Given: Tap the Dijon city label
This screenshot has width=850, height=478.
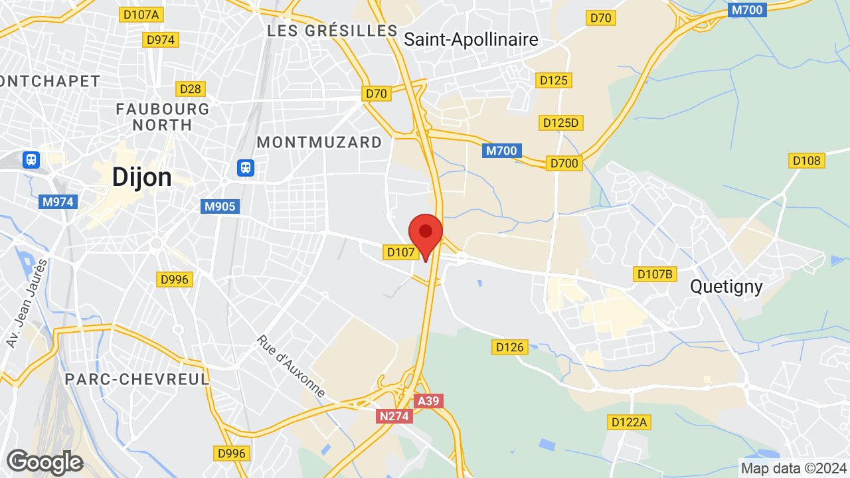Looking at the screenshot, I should coord(141,177).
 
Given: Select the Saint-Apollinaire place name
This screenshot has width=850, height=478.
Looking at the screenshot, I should coord(471,40).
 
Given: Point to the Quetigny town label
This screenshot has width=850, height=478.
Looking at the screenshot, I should coord(726,286).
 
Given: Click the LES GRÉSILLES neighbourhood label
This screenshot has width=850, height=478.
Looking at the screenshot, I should coord(332,31).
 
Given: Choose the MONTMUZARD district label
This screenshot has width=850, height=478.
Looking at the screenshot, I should coord(319,142).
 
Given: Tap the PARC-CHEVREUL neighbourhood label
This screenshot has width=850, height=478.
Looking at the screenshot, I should coord(137,379).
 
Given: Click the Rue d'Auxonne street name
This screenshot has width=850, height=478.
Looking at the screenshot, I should coord(290,367).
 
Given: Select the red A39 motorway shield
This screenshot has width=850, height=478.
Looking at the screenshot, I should coord(428,401).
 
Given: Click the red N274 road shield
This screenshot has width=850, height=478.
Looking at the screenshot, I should coord(394,416).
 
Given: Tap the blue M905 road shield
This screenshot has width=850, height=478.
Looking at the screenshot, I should coord(220,206).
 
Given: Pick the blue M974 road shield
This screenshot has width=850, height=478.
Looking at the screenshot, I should coord(58,202).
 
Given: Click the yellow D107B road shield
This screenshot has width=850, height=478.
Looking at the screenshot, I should coord(655,274).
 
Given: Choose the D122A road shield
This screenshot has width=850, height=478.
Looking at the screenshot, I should coord(629,422).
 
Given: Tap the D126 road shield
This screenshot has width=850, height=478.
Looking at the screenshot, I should coord(510,347).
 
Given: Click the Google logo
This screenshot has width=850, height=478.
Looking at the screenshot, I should coord(44,462).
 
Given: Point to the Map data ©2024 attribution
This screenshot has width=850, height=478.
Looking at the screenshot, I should coord(794,469).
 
